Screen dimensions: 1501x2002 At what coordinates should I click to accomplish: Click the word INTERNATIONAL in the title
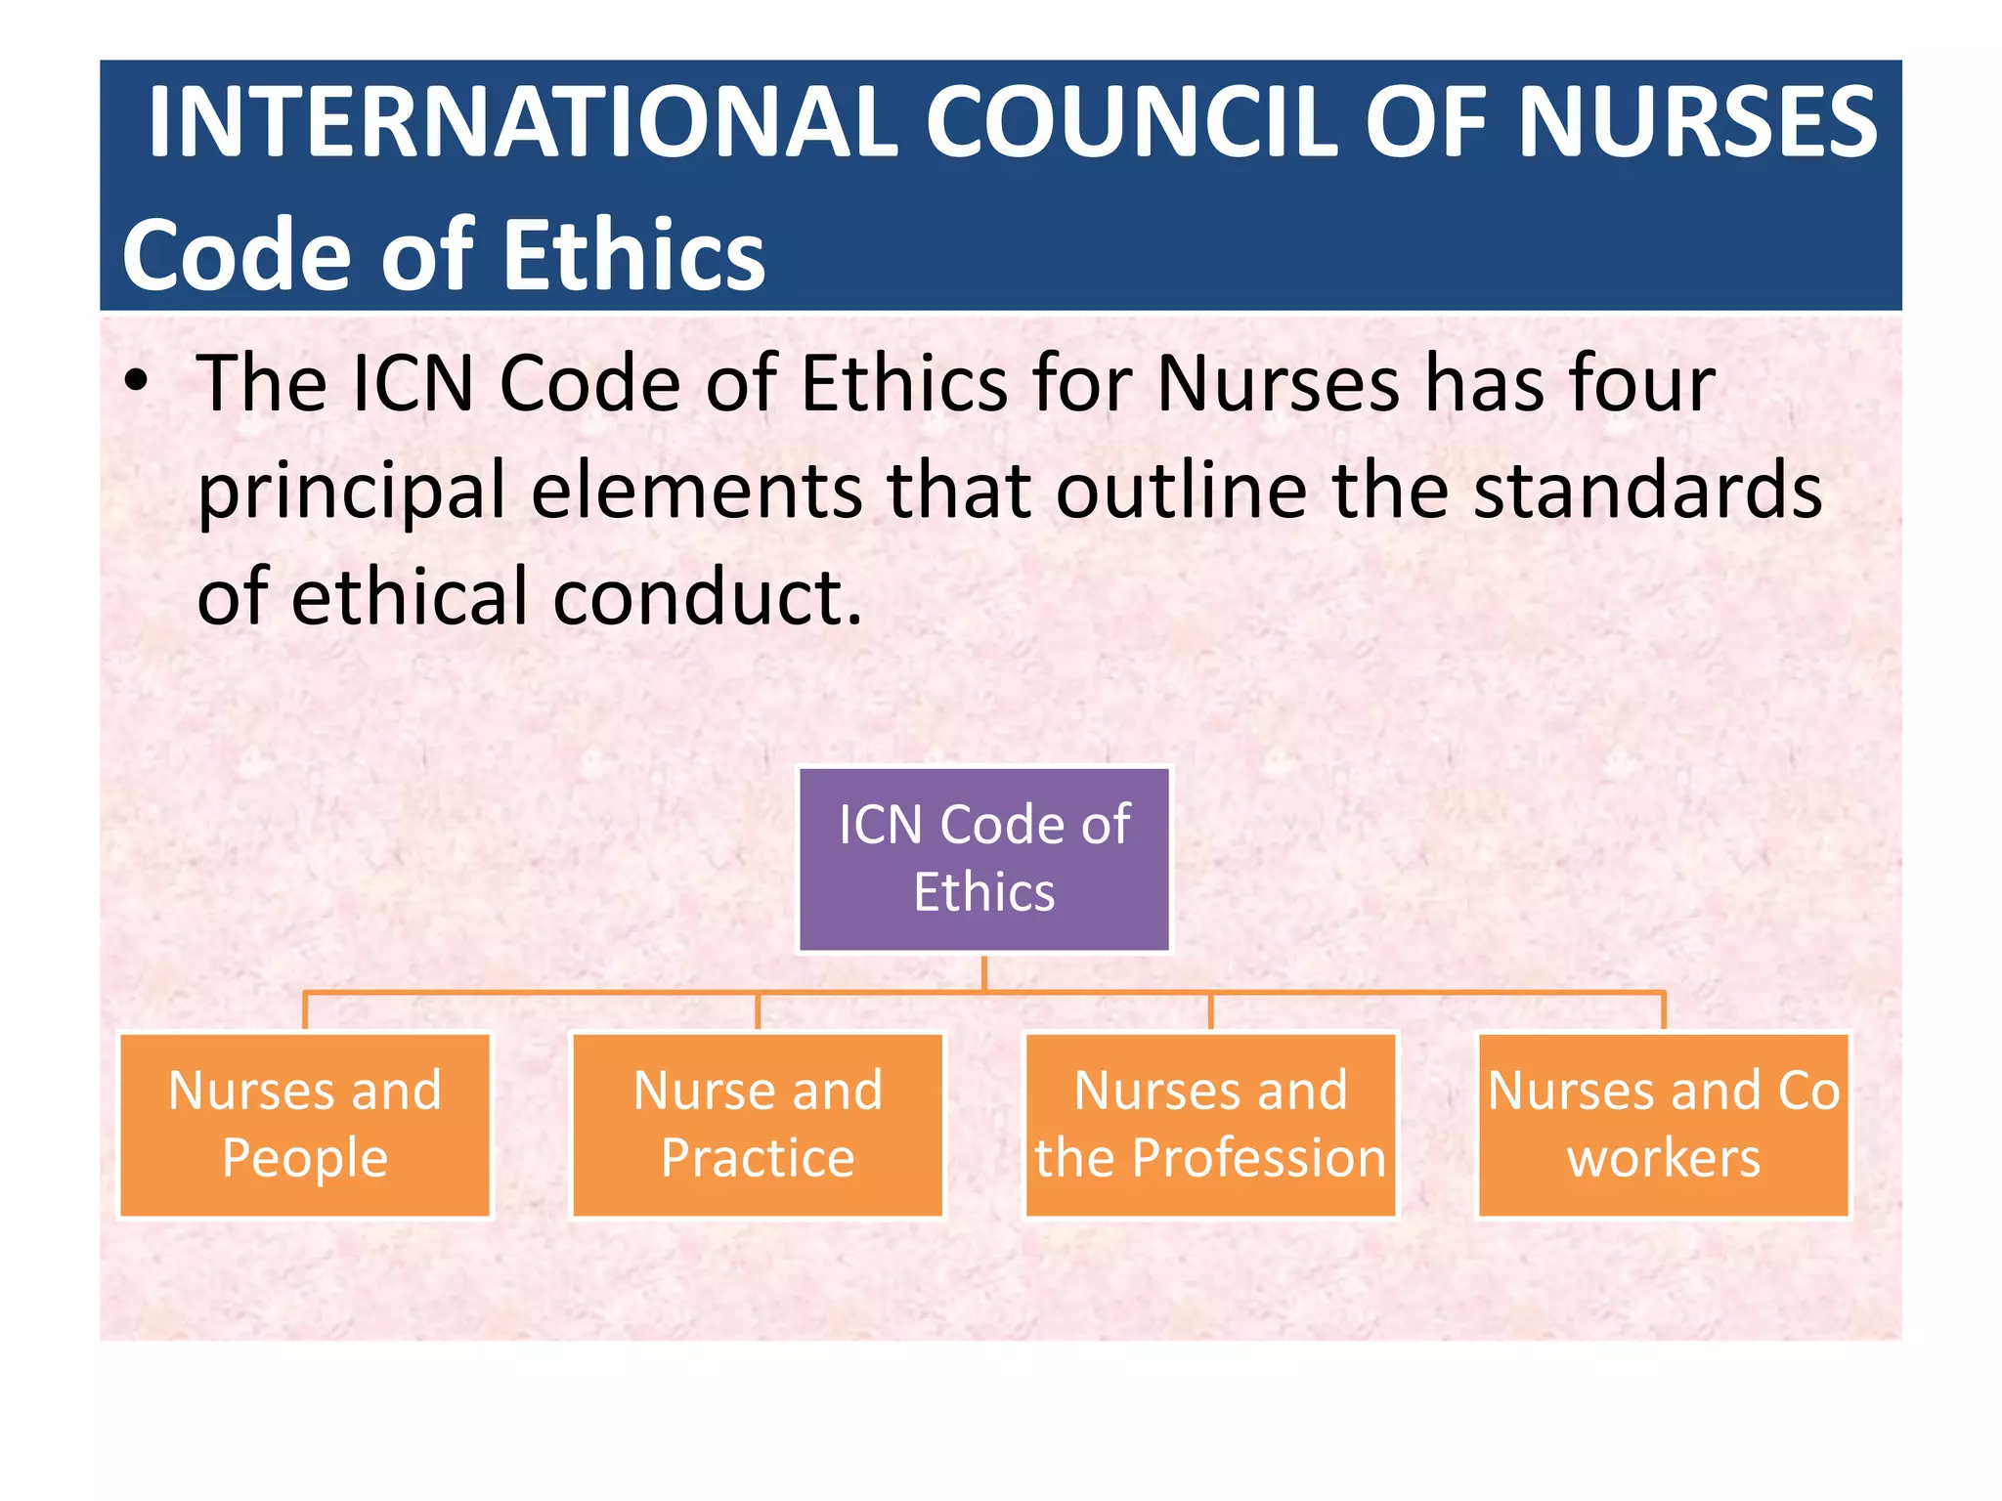click(x=522, y=122)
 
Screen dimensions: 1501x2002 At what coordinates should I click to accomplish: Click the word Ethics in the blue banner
click(x=634, y=256)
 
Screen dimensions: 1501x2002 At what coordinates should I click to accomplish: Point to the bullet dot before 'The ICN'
click(x=137, y=382)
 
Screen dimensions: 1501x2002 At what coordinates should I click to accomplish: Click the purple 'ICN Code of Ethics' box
click(x=984, y=859)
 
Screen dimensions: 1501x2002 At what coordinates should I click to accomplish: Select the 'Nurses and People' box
click(x=305, y=1125)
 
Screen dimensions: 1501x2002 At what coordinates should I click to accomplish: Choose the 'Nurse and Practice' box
click(x=758, y=1125)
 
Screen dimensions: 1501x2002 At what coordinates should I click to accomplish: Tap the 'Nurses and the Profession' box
click(x=1210, y=1125)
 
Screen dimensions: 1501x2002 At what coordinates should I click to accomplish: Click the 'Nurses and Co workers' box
click(x=1663, y=1125)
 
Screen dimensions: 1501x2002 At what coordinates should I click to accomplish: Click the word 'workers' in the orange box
click(x=1663, y=1159)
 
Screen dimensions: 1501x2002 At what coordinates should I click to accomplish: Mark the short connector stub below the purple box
click(x=984, y=972)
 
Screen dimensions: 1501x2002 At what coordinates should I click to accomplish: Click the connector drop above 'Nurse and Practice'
click(x=758, y=1011)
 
